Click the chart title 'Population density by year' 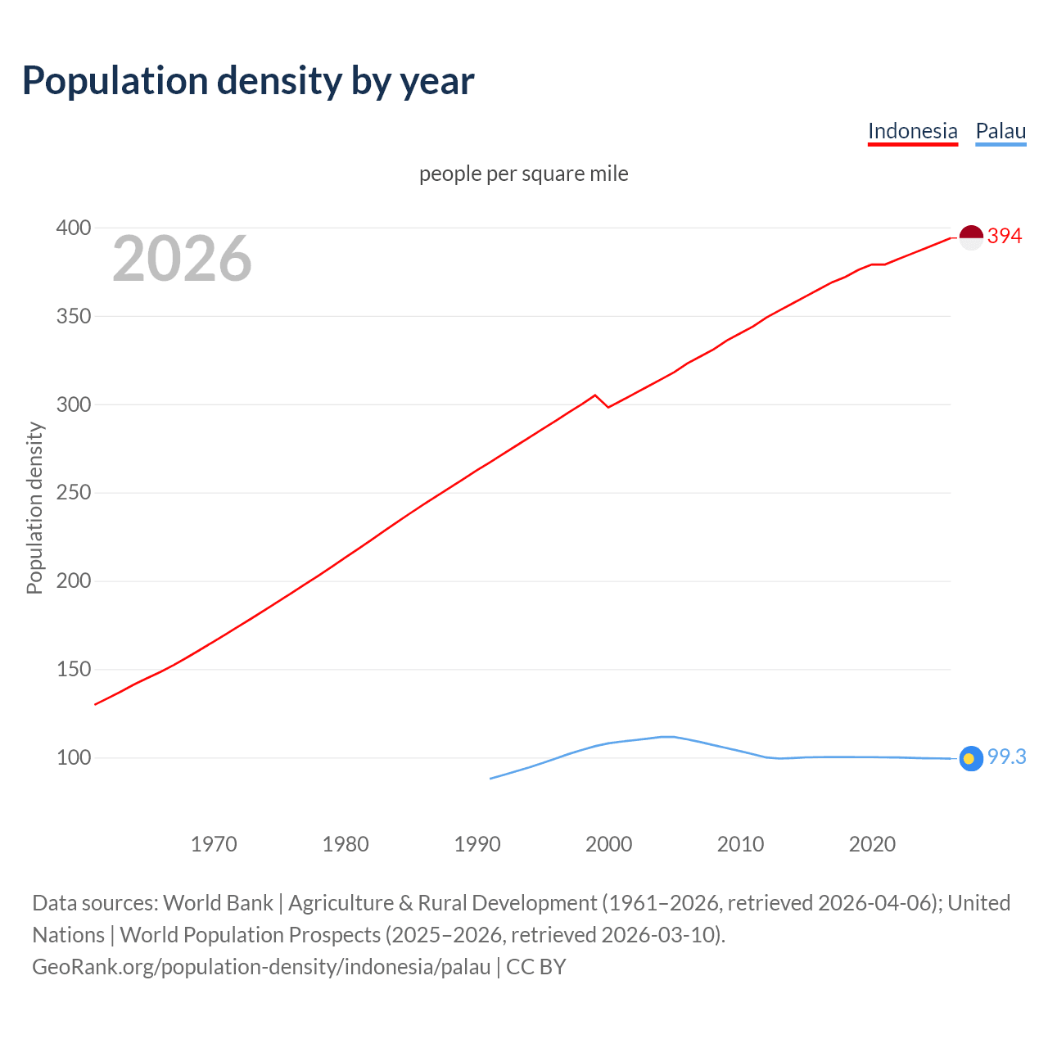248,81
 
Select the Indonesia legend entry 912,131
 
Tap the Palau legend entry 1001,131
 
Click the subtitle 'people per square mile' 523,174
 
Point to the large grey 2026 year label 182,259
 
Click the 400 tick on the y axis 73,228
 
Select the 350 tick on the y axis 73,316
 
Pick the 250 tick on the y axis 73,493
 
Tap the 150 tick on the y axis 73,670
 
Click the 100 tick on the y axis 73,758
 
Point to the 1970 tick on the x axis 214,844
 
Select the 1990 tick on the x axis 477,844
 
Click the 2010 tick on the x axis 740,844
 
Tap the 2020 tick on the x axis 872,844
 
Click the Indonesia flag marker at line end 971,237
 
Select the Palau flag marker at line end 971,759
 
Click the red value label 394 1005,237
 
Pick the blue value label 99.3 1006,757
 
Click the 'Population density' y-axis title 34,508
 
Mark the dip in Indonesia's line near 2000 608,407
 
